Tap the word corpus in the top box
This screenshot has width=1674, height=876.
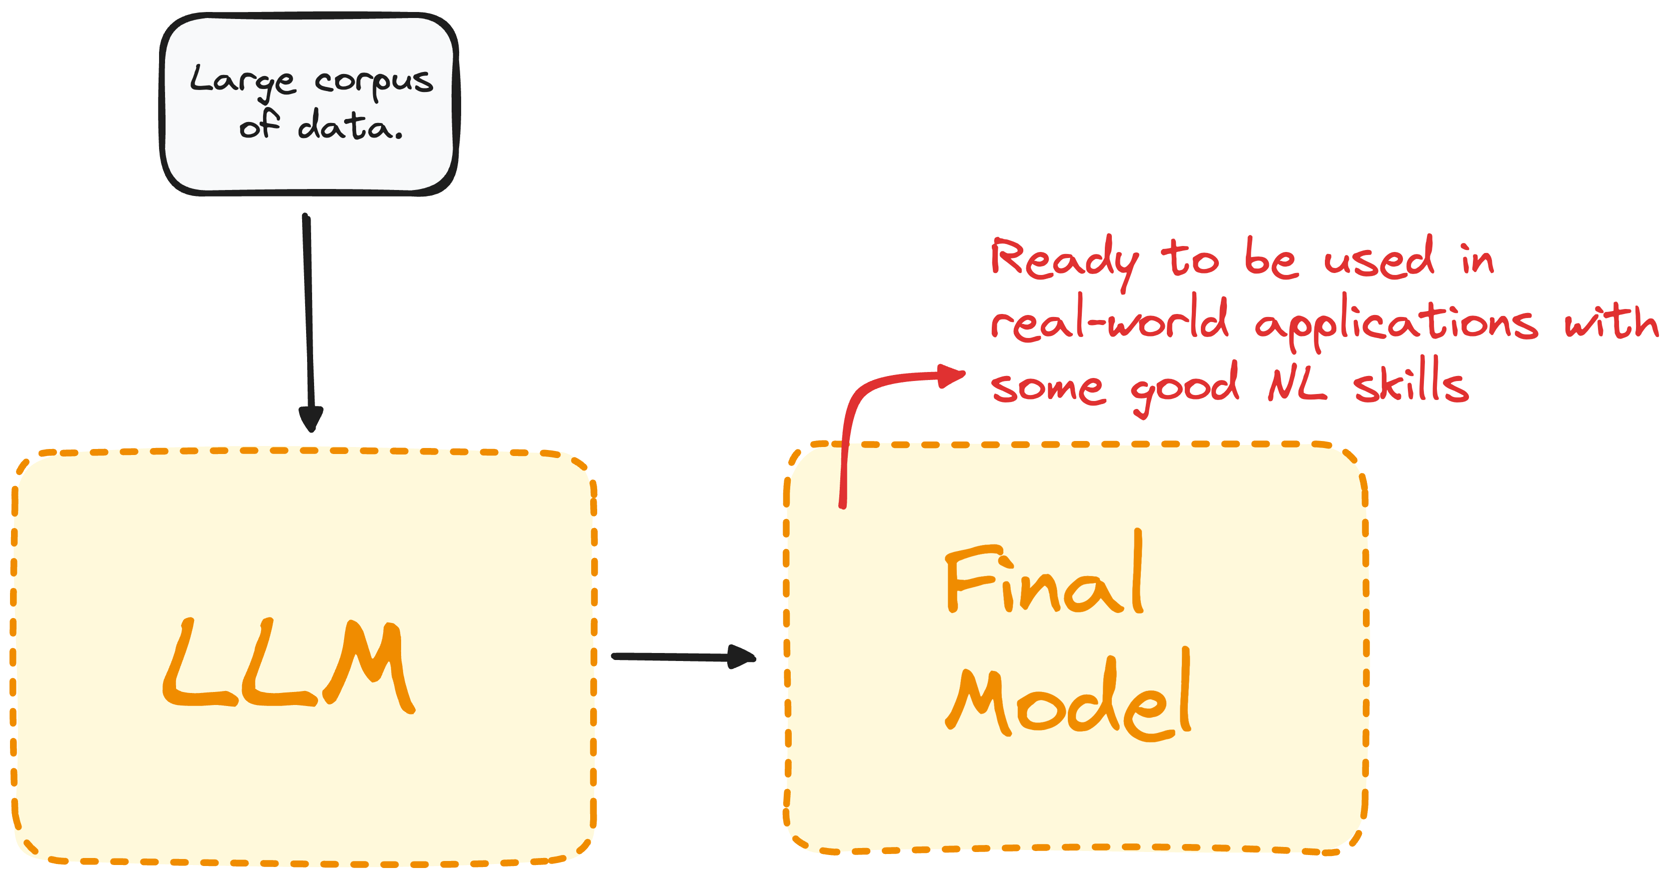[x=374, y=82]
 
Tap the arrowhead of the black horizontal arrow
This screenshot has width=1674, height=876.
[x=741, y=656]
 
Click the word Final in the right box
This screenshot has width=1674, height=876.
[x=1044, y=575]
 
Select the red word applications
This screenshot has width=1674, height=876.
[x=1396, y=323]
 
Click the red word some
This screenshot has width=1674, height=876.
[x=1047, y=388]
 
